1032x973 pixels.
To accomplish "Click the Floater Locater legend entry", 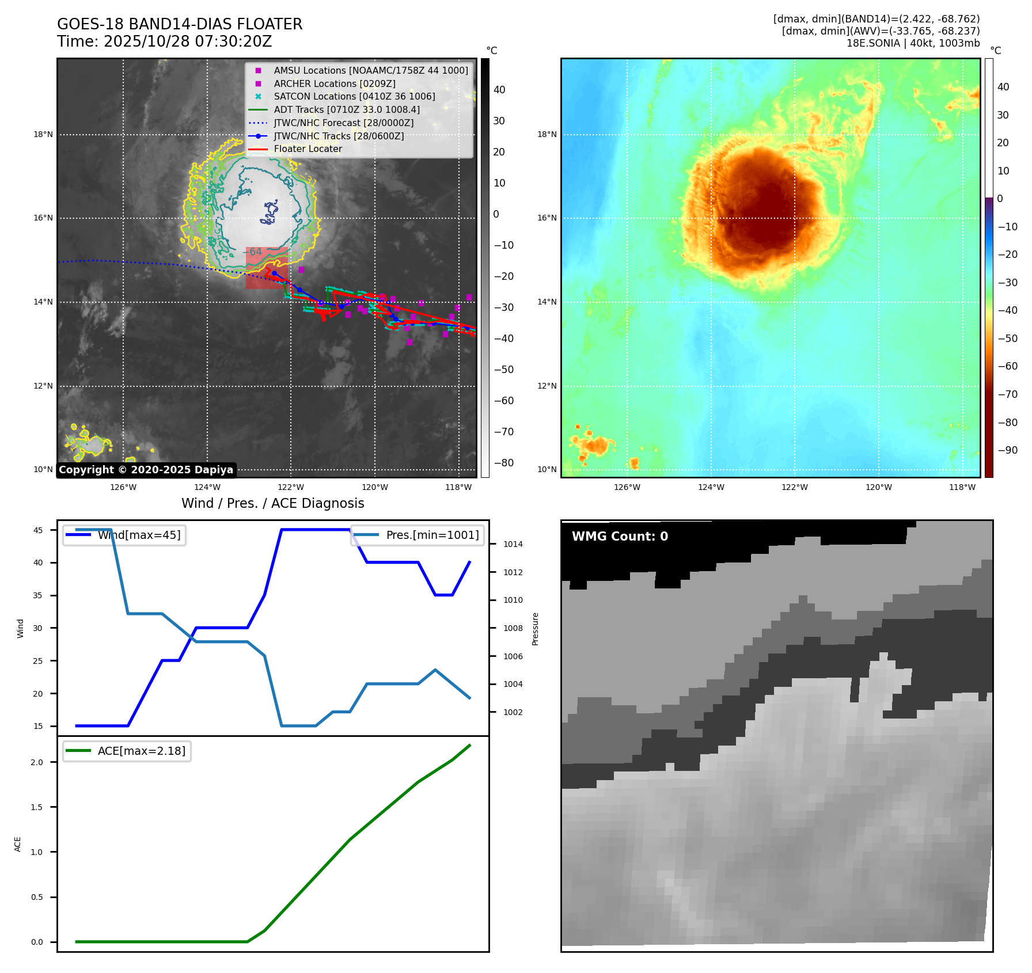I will point(308,149).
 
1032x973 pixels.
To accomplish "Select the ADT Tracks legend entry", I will point(346,110).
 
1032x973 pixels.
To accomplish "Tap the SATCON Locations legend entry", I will point(354,97).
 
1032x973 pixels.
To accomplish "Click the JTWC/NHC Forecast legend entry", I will point(343,123).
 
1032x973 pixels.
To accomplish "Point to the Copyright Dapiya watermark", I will point(146,470).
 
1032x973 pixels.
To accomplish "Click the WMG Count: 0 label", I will point(620,537).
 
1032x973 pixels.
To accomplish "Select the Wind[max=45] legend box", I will point(124,535).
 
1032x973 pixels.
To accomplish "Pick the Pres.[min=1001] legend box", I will point(417,535).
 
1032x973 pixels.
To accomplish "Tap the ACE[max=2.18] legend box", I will point(127,751).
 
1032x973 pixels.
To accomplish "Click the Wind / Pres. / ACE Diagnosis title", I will point(272,504).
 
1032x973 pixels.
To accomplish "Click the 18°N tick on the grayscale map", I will point(43,135).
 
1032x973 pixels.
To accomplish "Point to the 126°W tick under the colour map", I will point(627,488).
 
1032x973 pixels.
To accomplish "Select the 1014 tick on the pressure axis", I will point(513,545).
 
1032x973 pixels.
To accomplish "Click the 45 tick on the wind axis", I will point(38,530).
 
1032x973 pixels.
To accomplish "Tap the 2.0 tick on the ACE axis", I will point(37,762).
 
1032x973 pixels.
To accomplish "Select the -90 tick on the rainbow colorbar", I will point(1007,450).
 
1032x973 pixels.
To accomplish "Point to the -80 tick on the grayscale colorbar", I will point(503,463).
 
